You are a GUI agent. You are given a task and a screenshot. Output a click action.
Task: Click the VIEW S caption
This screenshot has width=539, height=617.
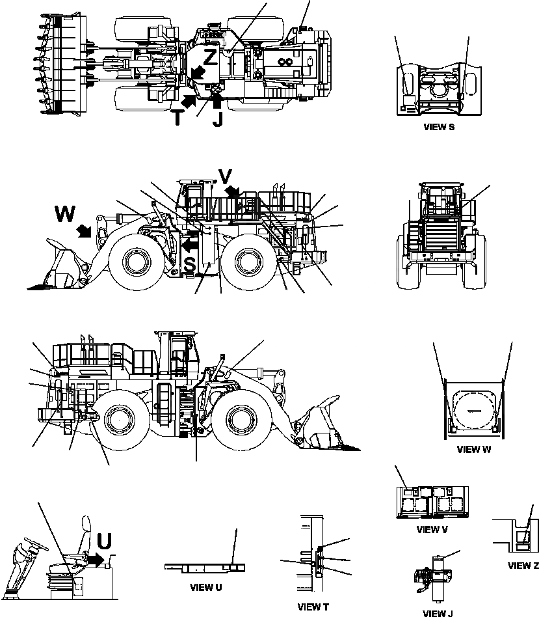tap(438, 128)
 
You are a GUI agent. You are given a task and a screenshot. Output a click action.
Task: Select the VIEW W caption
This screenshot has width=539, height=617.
tap(473, 449)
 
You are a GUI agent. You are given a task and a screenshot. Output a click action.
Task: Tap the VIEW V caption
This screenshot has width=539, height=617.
tap(432, 529)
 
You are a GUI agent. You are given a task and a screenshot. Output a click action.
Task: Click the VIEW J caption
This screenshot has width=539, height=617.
tap(438, 613)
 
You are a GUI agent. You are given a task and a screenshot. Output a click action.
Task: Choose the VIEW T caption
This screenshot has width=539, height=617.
tap(313, 607)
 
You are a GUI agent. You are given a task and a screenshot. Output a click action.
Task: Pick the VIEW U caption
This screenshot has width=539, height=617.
tap(206, 587)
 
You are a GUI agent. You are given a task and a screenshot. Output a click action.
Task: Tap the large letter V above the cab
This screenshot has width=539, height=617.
tap(224, 177)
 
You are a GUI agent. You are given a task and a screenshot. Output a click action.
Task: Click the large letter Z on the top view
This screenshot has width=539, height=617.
tap(210, 57)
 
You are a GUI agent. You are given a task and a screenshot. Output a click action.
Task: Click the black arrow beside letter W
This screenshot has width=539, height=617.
tap(84, 231)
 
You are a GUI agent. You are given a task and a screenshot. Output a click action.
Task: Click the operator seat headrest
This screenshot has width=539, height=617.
tap(85, 524)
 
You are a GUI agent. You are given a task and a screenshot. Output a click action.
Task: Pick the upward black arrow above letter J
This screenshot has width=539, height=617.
tap(217, 100)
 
